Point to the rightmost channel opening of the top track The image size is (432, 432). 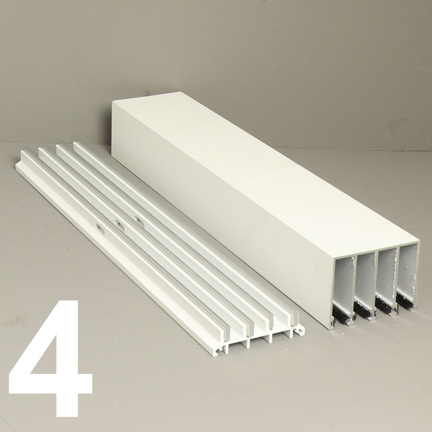pyautogui.click(x=407, y=273)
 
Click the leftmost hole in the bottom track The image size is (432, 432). pyautogui.click(x=98, y=227)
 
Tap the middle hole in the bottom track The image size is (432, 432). pyautogui.click(x=119, y=222)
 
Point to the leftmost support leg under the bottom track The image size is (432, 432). pyautogui.click(x=225, y=348)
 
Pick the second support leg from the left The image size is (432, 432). pyautogui.click(x=248, y=342)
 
